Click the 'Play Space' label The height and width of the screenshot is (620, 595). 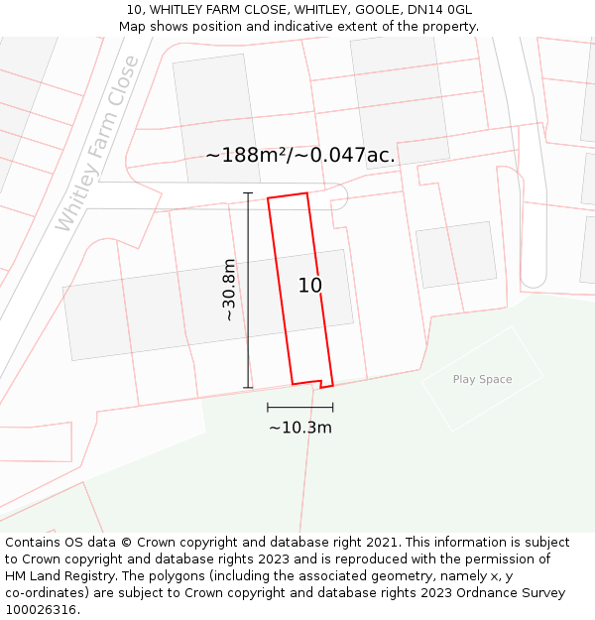coord(482,379)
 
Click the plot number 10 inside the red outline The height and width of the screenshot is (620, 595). coord(309,286)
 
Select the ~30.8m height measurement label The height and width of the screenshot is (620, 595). coord(229,290)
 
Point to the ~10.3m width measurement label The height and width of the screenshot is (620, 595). coord(299,428)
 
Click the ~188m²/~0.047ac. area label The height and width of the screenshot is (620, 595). coord(299,156)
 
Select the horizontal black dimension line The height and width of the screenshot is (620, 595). coord(299,407)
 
